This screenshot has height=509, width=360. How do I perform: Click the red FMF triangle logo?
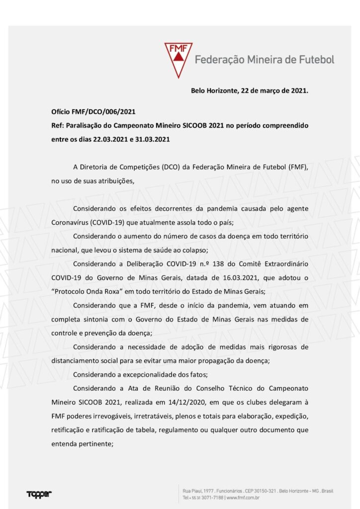(x=179, y=59)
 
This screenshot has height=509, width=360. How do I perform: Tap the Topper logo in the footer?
(x=39, y=494)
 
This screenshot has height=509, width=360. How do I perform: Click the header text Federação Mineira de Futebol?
(x=264, y=60)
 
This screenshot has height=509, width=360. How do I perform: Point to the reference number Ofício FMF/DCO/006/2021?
(x=93, y=112)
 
